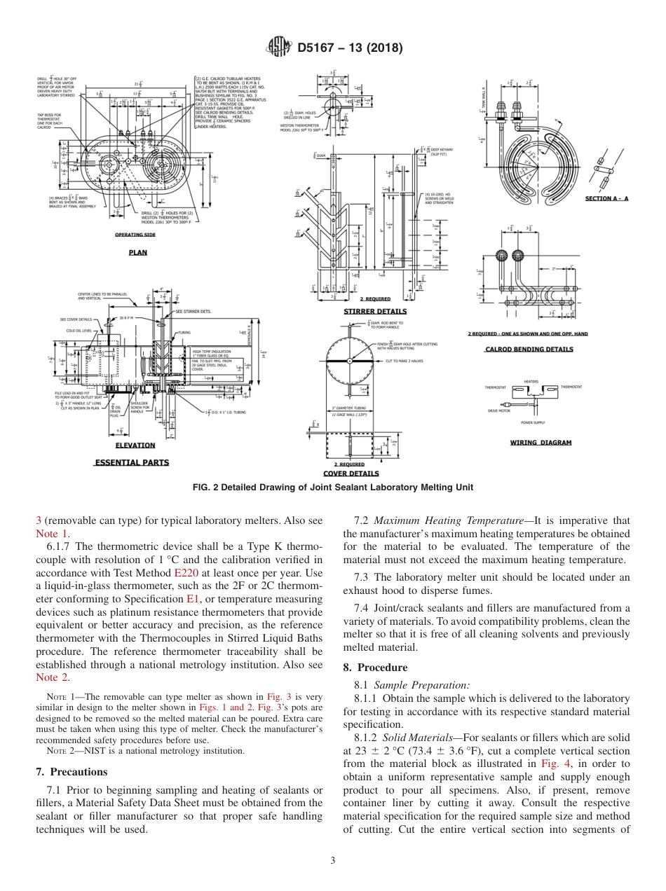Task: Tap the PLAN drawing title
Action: pos(137,252)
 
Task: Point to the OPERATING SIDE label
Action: pos(135,235)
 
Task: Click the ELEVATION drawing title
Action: pos(135,445)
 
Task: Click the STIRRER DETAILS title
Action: pos(374,311)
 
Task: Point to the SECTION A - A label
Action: pos(606,199)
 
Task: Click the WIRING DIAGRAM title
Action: pos(540,442)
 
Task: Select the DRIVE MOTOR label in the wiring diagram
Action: pos(499,411)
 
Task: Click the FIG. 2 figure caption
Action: pos(332,488)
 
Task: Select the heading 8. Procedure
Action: pos(375,668)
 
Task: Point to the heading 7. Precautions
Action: pos(71,772)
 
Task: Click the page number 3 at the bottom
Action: pos(333,861)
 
